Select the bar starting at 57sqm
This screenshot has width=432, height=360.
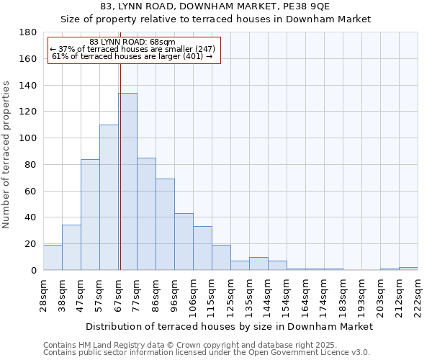(109, 197)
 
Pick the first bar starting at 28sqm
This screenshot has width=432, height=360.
(53, 258)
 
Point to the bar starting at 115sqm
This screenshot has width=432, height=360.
(221, 258)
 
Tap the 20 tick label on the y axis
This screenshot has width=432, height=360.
(31, 244)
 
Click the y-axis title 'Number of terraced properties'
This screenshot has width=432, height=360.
(7, 155)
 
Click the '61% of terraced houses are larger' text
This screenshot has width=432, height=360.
(132, 56)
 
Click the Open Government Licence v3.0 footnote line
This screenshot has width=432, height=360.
(206, 353)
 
